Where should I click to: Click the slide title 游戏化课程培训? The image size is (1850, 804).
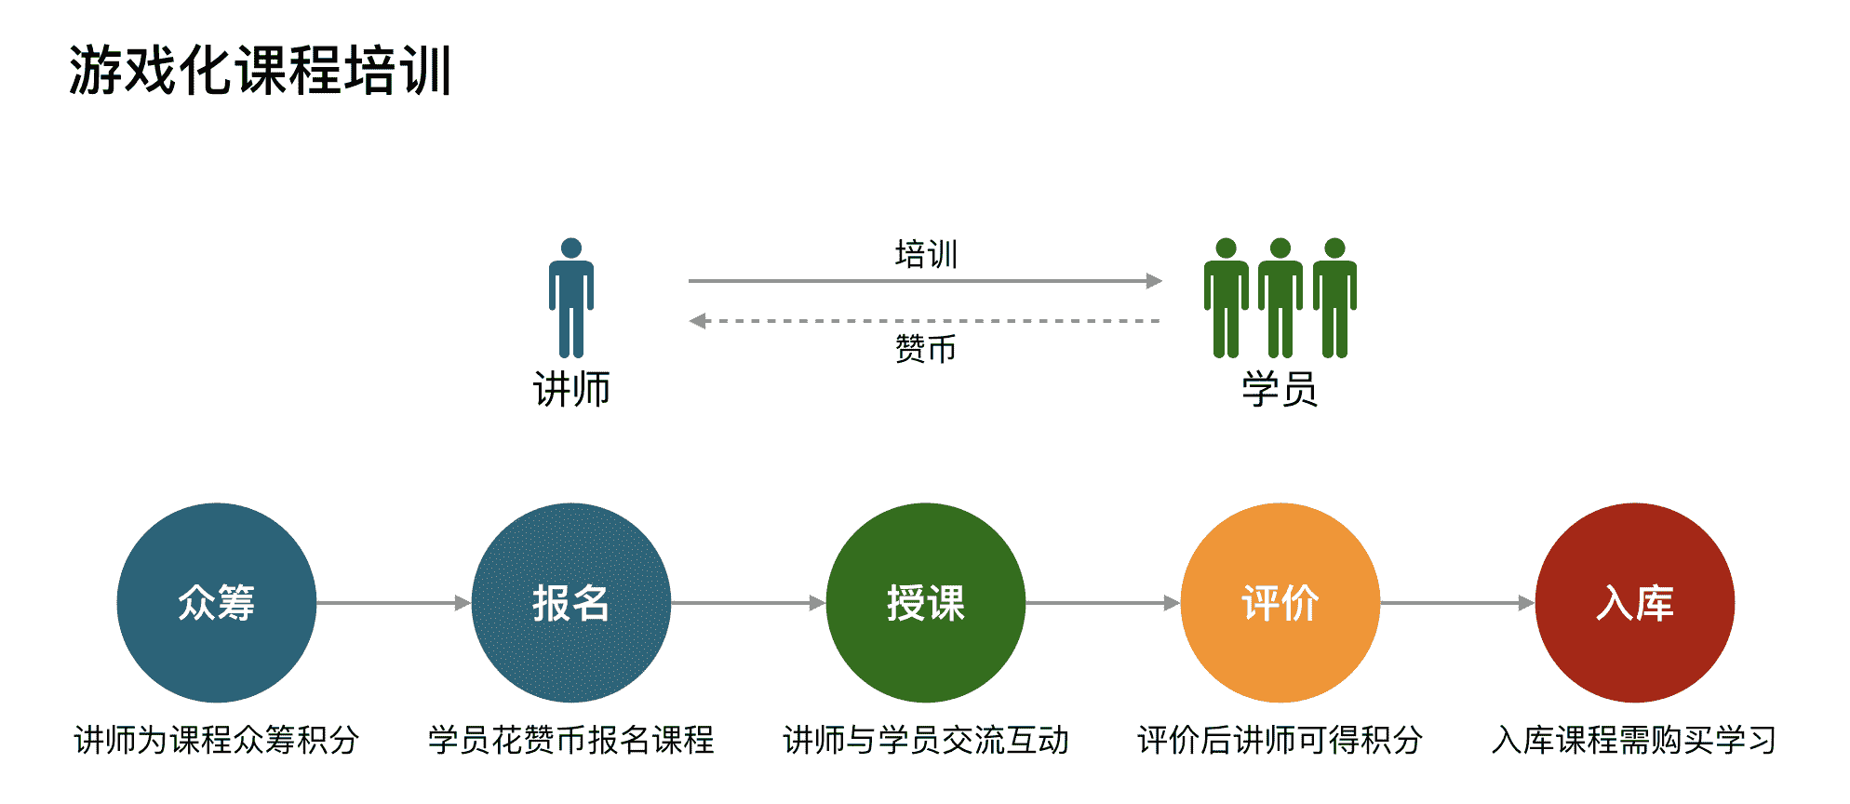[x=260, y=71]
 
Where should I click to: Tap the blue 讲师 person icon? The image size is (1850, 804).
[x=571, y=298]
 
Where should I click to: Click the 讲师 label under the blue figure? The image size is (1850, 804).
[x=571, y=389]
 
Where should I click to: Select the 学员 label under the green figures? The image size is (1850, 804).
[x=1280, y=389]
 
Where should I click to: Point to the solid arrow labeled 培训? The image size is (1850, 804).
[x=924, y=280]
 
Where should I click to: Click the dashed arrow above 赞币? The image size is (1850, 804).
[x=924, y=321]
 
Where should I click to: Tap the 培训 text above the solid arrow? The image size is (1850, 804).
[x=926, y=254]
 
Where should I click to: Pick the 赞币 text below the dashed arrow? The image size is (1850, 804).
[x=926, y=349]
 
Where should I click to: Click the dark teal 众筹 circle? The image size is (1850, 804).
[x=217, y=603]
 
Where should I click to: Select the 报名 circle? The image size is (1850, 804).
[x=571, y=603]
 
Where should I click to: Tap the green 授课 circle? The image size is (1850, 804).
[x=926, y=603]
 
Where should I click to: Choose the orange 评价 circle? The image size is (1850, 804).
[x=1280, y=603]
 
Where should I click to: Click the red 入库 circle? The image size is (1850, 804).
[x=1635, y=603]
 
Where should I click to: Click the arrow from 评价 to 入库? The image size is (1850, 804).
[x=1457, y=603]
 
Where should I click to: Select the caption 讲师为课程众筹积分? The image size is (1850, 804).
[x=217, y=741]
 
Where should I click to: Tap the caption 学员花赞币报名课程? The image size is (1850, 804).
[x=571, y=741]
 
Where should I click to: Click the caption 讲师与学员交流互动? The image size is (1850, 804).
[x=926, y=741]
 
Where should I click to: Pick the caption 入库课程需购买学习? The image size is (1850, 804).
[x=1634, y=741]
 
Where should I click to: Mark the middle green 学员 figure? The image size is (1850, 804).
[x=1280, y=298]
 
